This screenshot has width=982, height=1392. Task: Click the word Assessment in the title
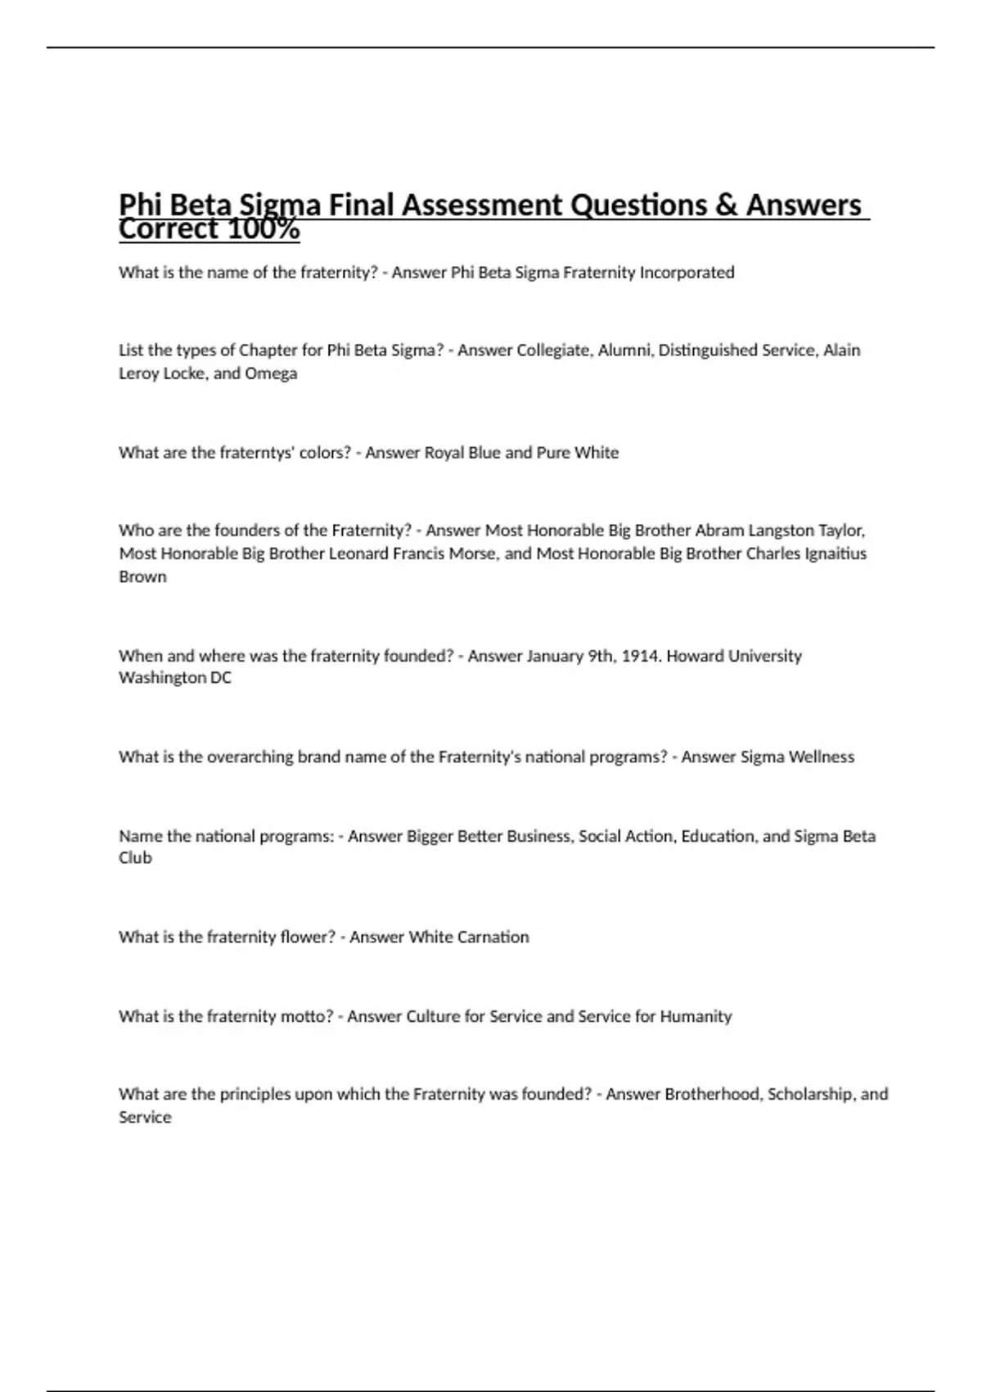pos(483,205)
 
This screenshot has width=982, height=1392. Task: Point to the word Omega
pos(271,373)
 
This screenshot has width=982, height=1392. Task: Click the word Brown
pos(142,576)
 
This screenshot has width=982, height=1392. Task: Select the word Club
pos(135,858)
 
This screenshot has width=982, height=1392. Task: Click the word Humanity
pos(696,1017)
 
